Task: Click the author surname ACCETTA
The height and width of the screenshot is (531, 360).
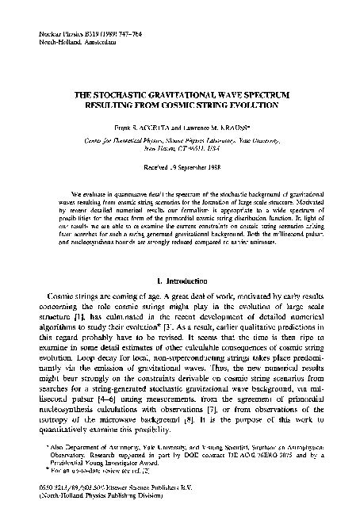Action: pos(161,129)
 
